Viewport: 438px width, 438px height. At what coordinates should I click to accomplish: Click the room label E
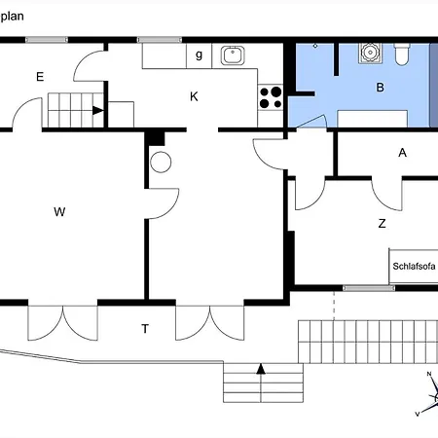(x=40, y=76)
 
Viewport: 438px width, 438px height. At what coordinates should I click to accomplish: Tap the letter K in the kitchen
(x=194, y=96)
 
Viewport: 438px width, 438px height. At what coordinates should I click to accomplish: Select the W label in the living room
(x=59, y=211)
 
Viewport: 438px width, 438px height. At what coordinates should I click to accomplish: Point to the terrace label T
(x=145, y=329)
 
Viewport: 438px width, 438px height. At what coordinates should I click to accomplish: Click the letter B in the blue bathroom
(x=381, y=88)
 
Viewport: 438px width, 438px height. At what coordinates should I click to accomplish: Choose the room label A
(x=402, y=153)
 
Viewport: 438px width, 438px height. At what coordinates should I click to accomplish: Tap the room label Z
(x=383, y=223)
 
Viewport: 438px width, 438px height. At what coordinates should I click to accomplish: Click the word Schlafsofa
(x=413, y=266)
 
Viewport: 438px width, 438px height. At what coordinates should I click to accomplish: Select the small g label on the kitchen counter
(x=199, y=55)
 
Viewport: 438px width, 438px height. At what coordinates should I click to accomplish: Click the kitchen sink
(x=234, y=55)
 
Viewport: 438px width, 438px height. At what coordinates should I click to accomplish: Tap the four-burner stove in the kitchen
(x=270, y=96)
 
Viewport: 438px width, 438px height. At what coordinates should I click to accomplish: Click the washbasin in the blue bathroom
(x=368, y=54)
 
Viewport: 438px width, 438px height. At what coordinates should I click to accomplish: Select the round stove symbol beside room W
(x=161, y=161)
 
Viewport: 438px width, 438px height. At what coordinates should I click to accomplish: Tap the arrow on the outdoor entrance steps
(x=260, y=369)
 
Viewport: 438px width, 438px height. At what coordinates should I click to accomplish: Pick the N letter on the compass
(x=428, y=375)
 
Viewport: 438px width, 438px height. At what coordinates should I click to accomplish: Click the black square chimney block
(x=156, y=139)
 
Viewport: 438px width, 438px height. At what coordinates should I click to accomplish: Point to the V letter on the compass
(x=418, y=414)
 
